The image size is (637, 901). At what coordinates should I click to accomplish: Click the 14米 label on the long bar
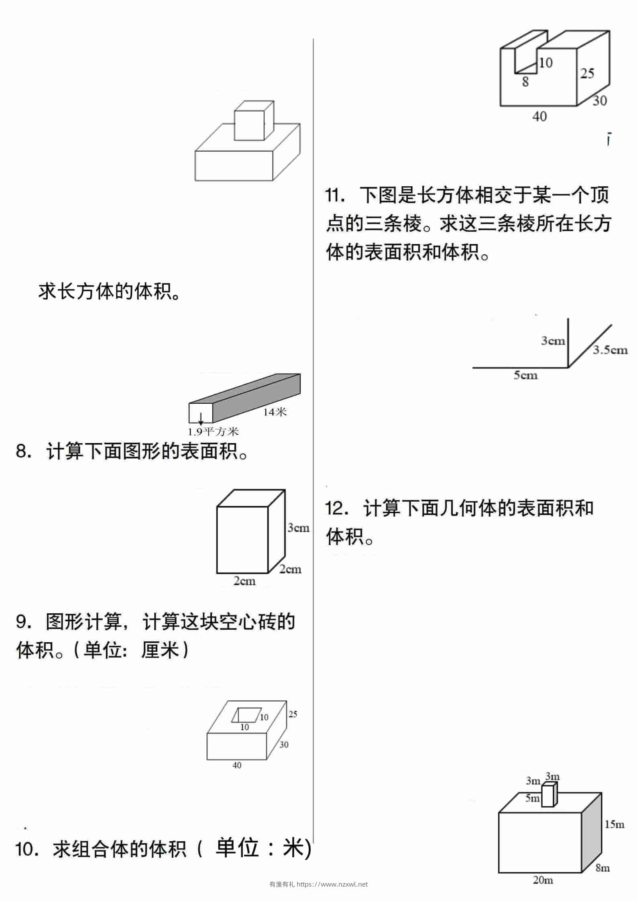(x=275, y=411)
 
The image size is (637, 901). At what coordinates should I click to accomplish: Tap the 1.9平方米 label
(x=214, y=432)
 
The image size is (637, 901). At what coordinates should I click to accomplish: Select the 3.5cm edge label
(x=611, y=350)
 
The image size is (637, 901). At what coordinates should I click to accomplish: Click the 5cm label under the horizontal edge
(x=525, y=375)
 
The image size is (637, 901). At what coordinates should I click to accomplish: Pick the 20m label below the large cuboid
(x=543, y=880)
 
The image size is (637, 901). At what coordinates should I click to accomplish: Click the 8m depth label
(x=603, y=868)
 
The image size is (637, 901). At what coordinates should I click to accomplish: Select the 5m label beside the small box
(x=533, y=798)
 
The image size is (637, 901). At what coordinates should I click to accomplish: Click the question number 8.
(x=23, y=452)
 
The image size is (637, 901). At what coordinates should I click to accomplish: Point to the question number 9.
(x=23, y=622)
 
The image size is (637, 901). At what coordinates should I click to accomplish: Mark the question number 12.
(x=337, y=508)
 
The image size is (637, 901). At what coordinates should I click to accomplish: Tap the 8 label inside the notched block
(x=525, y=82)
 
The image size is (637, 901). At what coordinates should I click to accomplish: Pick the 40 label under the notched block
(x=539, y=116)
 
